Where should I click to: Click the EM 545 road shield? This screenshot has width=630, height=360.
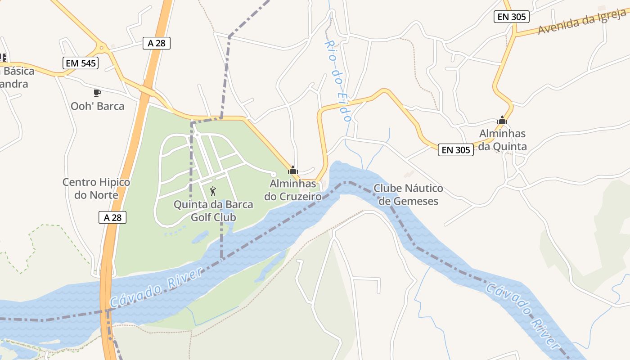(x=81, y=63)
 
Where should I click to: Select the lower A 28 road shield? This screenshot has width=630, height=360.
(x=112, y=217)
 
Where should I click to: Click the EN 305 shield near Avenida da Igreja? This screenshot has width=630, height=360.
(x=511, y=17)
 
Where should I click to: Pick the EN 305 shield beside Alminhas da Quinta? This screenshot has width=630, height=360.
(x=456, y=150)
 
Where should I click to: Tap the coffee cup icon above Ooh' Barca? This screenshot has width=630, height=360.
(x=97, y=93)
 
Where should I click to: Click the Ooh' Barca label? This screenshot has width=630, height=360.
(x=97, y=106)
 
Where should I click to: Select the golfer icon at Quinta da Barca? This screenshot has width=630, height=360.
(x=213, y=191)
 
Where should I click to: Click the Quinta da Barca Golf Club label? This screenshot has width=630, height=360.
(x=213, y=211)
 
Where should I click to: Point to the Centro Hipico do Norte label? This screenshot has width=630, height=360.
(x=96, y=189)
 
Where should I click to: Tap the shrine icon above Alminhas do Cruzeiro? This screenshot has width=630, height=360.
(x=293, y=170)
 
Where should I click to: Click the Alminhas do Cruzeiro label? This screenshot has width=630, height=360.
(x=292, y=190)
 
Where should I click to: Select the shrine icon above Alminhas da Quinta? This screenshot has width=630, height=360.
(x=502, y=120)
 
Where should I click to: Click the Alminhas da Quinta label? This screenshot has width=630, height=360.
(x=502, y=140)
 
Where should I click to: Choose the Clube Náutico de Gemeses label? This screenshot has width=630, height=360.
(x=408, y=194)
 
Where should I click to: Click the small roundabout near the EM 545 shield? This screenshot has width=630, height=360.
(x=102, y=47)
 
